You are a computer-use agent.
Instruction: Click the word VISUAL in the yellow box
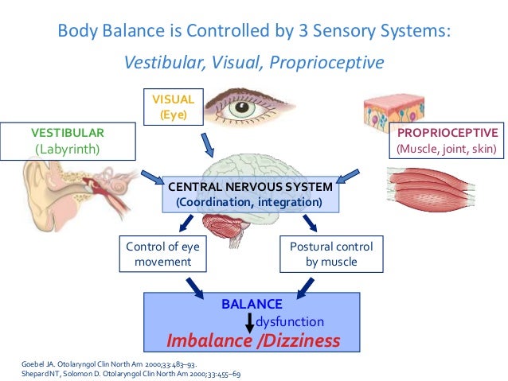(174, 99)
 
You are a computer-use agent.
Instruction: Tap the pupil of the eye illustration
(242, 107)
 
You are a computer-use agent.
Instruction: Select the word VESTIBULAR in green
(68, 133)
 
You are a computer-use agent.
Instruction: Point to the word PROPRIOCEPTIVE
(447, 133)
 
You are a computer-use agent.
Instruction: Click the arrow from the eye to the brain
(207, 145)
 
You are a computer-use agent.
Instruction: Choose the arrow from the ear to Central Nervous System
(153, 177)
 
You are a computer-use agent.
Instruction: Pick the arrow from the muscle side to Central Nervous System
(348, 176)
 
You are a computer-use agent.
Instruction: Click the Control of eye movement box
(163, 254)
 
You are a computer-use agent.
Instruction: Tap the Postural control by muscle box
(331, 254)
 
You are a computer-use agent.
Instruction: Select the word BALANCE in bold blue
(252, 305)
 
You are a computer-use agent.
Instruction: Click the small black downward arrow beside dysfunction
(249, 323)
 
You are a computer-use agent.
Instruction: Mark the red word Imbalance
(209, 340)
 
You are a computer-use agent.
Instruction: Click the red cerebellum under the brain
(223, 226)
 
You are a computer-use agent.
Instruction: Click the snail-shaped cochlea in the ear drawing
(117, 187)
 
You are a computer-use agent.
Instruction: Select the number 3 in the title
(303, 31)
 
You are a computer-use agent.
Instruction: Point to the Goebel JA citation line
(109, 364)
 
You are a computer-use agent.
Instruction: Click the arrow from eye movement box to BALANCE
(195, 288)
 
